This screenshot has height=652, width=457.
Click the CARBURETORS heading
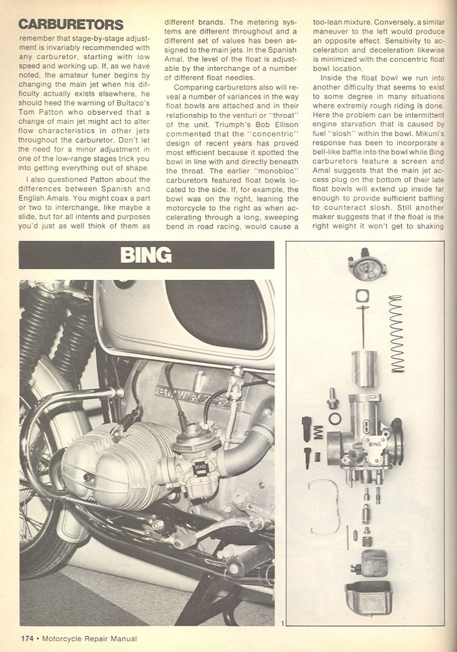tap(71, 25)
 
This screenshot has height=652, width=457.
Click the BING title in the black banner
tap(146, 255)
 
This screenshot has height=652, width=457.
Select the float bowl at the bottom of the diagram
tap(368, 597)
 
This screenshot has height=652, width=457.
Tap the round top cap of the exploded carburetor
tap(367, 266)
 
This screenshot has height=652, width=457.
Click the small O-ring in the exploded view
tap(335, 418)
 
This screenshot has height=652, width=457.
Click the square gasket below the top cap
tap(362, 296)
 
